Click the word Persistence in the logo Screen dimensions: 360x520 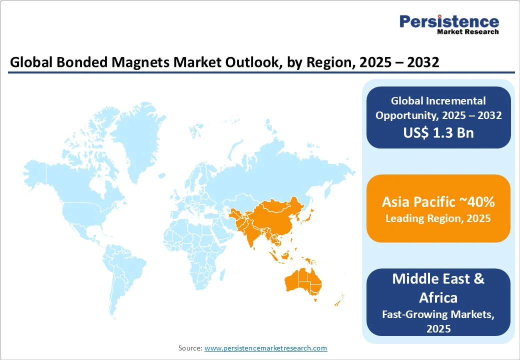(x=449, y=21)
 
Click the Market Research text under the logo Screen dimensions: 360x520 (x=467, y=32)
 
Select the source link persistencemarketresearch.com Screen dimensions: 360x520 (x=265, y=348)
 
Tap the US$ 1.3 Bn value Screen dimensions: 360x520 (x=438, y=133)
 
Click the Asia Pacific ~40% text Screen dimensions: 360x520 (x=438, y=202)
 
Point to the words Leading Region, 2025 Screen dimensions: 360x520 (x=438, y=218)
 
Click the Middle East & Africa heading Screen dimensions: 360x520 (x=438, y=288)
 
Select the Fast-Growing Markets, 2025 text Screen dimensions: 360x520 (x=438, y=321)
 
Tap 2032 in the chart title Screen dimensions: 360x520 (x=421, y=62)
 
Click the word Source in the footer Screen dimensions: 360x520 (x=190, y=348)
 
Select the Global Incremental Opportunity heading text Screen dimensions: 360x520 (x=438, y=108)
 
